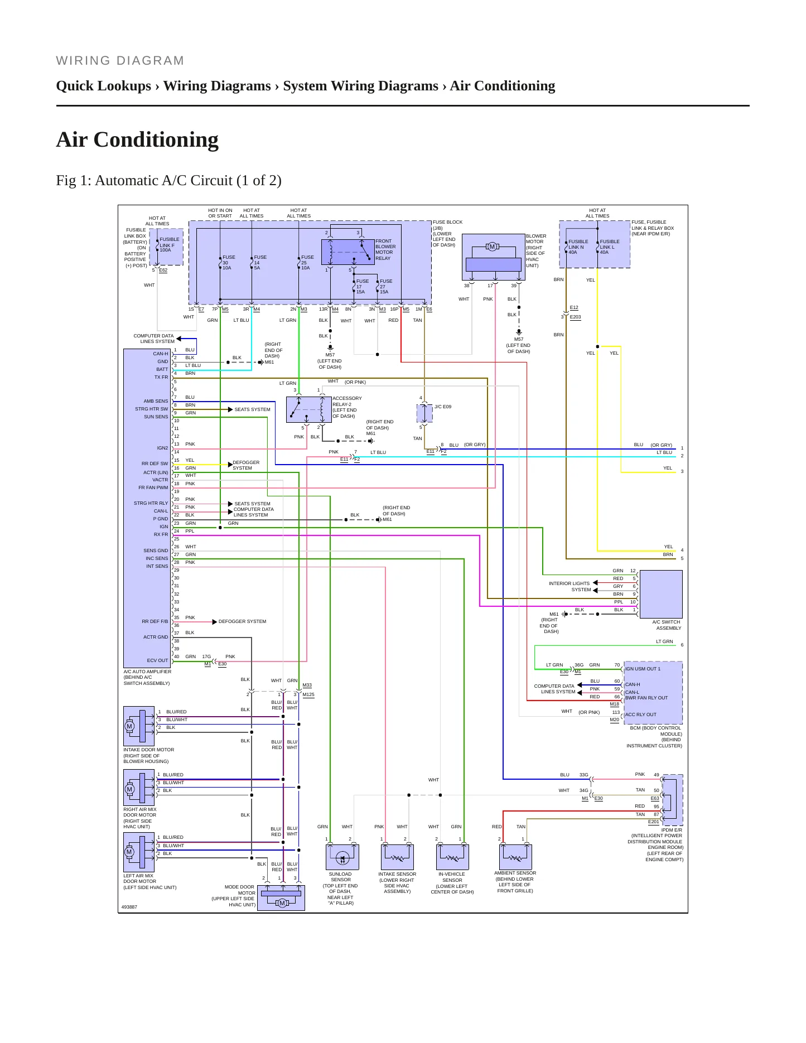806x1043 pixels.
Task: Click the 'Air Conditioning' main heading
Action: (137, 139)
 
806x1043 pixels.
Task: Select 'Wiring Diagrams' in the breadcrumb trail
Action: (217, 86)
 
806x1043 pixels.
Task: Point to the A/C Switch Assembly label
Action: (667, 625)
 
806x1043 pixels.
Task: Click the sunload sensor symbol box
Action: (342, 857)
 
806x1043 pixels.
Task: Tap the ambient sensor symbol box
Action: (515, 857)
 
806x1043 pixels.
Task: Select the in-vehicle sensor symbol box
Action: (452, 857)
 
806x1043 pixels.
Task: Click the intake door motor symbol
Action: (139, 726)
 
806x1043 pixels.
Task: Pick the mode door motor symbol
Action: (281, 897)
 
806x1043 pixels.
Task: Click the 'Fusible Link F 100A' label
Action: (169, 245)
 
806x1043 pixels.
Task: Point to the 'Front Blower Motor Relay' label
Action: (385, 249)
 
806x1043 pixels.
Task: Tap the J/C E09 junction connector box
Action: (424, 413)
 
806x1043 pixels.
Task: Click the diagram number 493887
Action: (129, 907)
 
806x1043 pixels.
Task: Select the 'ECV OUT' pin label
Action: (157, 660)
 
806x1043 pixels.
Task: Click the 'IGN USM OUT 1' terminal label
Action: (643, 669)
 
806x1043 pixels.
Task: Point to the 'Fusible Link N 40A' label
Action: (578, 247)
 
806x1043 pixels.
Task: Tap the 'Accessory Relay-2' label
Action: (347, 407)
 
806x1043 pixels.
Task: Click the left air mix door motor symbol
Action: (139, 852)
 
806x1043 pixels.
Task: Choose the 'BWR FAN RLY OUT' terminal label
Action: (646, 698)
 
